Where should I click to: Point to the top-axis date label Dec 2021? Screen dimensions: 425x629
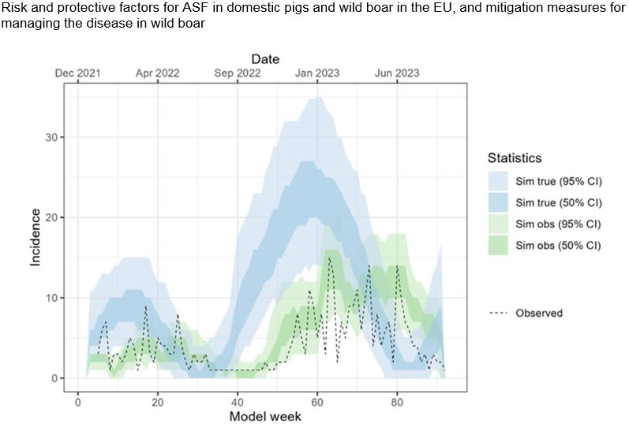[x=78, y=73]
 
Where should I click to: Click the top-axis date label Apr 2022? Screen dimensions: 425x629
[x=158, y=73]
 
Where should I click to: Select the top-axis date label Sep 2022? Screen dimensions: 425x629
[x=238, y=73]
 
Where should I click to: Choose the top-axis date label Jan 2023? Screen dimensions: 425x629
[x=317, y=73]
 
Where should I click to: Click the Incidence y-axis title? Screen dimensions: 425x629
[x=36, y=237]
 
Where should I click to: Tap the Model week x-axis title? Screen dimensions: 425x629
[x=264, y=416]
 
